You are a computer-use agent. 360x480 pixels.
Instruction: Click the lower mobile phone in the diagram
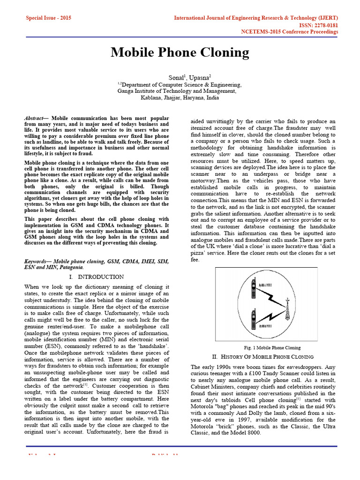pyautogui.click(x=254, y=318)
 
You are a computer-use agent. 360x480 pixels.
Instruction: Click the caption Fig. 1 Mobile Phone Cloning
pyautogui.click(x=272, y=348)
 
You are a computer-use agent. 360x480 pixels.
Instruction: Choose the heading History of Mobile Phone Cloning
pyautogui.click(x=274, y=357)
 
